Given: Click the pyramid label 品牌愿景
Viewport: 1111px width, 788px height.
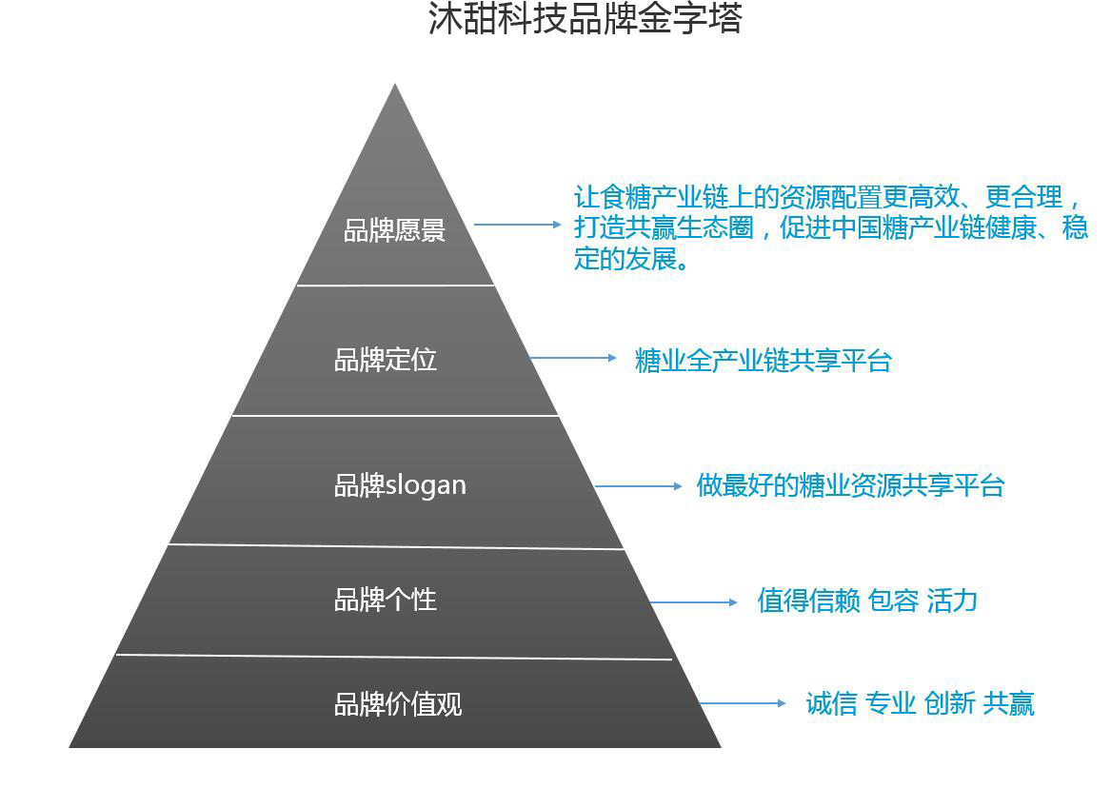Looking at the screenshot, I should (394, 230).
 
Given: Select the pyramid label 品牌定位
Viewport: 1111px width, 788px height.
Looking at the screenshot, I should (385, 360).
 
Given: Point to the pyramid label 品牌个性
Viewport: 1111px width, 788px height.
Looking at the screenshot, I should (385, 600).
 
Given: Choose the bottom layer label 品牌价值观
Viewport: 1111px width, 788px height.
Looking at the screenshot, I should (398, 704).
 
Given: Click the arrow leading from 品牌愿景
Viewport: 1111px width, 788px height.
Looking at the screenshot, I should (518, 225).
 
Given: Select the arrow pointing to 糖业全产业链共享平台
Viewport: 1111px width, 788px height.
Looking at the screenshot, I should (573, 359).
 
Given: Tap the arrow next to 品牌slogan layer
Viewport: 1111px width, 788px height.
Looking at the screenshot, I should (639, 486).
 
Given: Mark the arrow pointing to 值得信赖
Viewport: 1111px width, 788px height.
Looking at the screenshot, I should (694, 602).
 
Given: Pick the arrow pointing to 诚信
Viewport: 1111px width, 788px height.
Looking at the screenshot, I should (743, 704).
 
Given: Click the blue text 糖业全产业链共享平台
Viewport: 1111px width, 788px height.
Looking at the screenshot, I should (763, 361).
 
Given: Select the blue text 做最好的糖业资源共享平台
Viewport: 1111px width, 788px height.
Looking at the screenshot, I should (850, 485).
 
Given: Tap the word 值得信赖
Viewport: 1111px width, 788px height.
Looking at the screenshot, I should (808, 601).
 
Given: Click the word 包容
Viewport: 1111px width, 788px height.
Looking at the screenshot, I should (893, 601).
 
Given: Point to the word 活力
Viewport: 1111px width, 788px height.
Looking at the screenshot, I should (952, 601).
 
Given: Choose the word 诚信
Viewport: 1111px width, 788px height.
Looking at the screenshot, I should (831, 704).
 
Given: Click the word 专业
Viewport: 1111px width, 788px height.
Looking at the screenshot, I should (890, 704).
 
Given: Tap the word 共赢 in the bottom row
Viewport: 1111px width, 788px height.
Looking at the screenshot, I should (1008, 704).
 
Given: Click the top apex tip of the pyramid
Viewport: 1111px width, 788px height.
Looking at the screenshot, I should (395, 87).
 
